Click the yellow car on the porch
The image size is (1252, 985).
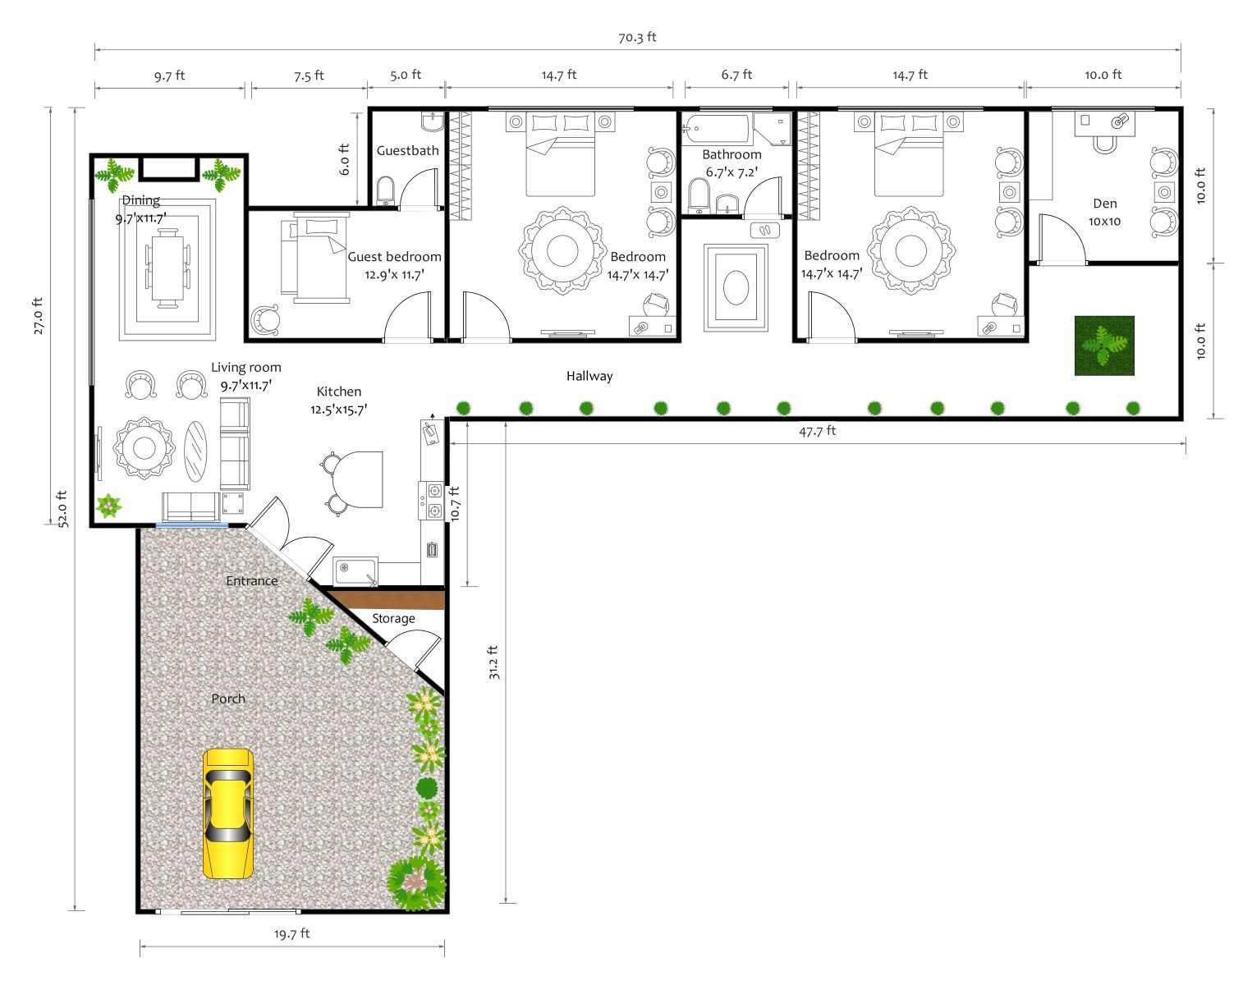coord(227,813)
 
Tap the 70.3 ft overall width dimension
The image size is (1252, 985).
coord(637,37)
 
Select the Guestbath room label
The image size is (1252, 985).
coord(407,151)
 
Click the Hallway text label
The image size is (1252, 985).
coord(589,376)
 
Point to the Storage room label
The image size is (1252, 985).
coord(393,618)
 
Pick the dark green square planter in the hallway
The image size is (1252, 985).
coord(1103,346)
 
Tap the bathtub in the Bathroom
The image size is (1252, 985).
coord(716,129)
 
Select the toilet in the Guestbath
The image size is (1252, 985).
coord(385,190)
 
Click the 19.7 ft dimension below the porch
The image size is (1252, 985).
coord(291,934)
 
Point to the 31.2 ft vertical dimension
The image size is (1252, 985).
coord(493,662)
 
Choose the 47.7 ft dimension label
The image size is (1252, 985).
coord(817,431)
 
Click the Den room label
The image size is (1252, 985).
coord(1104,204)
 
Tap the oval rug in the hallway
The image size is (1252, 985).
coord(736,287)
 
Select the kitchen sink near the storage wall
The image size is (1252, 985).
coord(355,570)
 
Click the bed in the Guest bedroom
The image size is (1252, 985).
coord(315,258)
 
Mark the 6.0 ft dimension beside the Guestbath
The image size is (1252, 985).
coord(345,159)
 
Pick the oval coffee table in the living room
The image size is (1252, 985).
coord(195,451)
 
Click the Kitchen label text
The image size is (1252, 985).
coord(338,392)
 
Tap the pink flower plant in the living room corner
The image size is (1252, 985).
coord(108,506)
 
